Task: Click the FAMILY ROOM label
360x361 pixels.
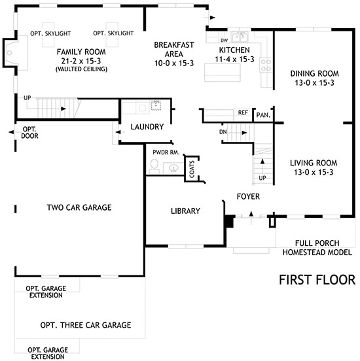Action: click(81, 52)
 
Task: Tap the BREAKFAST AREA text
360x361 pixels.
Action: click(174, 49)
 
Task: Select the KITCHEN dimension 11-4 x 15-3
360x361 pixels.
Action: click(234, 60)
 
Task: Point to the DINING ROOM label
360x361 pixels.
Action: click(314, 74)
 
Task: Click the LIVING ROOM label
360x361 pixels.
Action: click(314, 163)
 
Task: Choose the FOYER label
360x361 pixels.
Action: click(248, 196)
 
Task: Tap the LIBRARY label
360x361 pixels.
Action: click(185, 211)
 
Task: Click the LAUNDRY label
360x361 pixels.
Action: click(147, 127)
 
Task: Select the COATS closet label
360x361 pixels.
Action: click(192, 169)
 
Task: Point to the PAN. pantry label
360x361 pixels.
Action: click(263, 115)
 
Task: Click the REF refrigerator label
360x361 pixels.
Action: click(243, 112)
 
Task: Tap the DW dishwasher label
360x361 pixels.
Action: click(224, 41)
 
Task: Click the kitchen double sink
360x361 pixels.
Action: click(240, 37)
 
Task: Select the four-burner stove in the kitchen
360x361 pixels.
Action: click(266, 65)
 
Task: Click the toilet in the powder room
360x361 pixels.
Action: click(154, 165)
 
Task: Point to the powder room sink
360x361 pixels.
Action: click(173, 168)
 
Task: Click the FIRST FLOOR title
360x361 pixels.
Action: click(317, 280)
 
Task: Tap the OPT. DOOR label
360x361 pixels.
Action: click(29, 132)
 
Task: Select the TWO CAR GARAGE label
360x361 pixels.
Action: click(79, 207)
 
